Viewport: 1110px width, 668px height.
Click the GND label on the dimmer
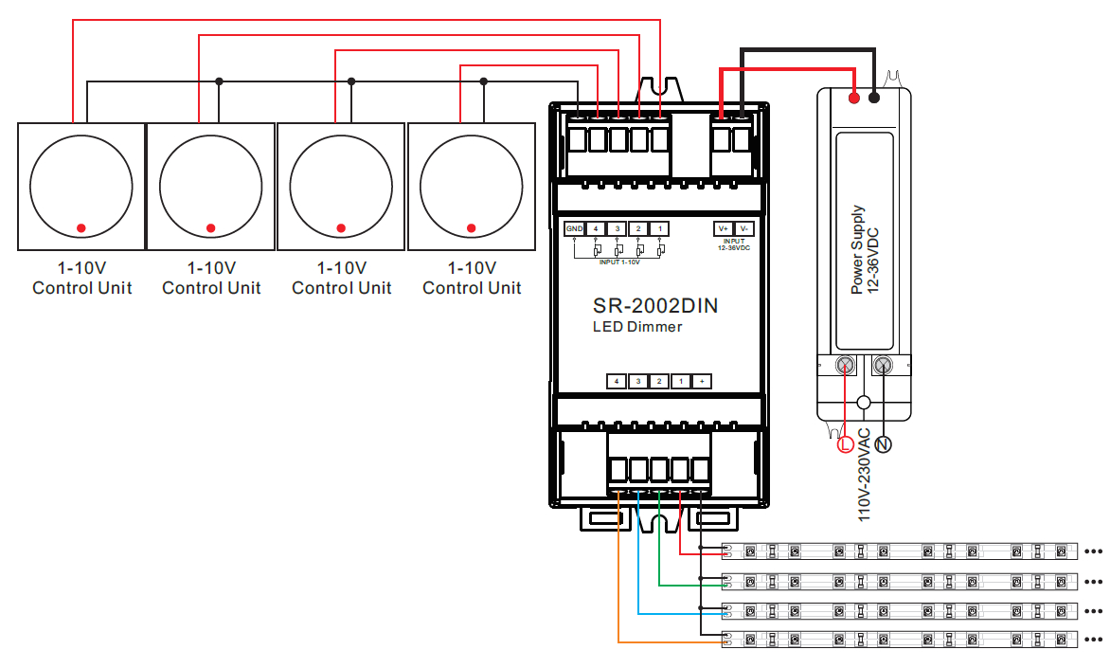[x=574, y=229]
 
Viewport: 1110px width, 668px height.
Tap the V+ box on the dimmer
[x=723, y=229]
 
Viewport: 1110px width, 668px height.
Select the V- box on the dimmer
[x=744, y=229]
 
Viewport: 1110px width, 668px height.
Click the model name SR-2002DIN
[x=655, y=306]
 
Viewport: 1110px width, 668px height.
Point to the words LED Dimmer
[x=636, y=327]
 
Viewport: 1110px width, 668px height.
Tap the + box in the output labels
[x=702, y=381]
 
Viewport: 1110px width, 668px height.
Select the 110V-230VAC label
[x=863, y=474]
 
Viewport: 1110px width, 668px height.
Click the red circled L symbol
[x=847, y=443]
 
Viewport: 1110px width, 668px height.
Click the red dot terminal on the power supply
[x=854, y=97]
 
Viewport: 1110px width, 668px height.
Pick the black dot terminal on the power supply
[x=874, y=97]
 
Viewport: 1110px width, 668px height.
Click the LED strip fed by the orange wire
[x=900, y=640]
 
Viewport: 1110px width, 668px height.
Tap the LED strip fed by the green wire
[x=900, y=581]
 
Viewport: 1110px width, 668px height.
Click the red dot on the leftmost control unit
[x=81, y=227]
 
